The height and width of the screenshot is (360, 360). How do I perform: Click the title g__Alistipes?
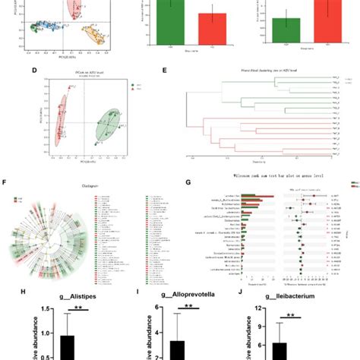tap(73, 297)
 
